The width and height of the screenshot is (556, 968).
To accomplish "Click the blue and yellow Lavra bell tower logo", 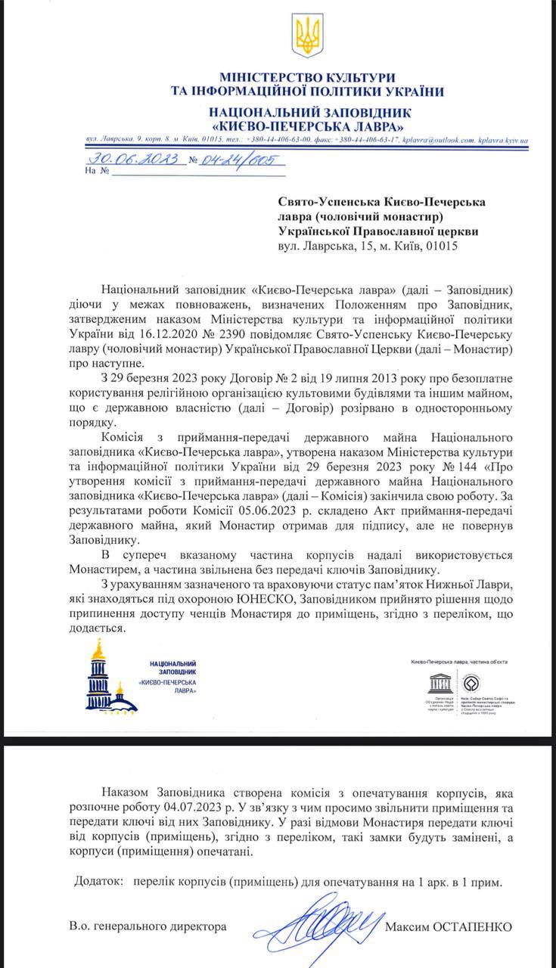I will point(109,678).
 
